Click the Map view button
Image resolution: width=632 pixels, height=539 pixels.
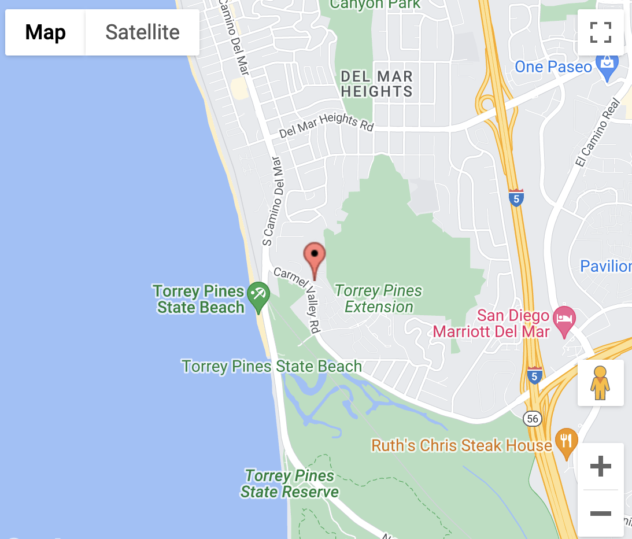[x=45, y=32]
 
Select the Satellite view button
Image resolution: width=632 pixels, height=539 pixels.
[x=142, y=32]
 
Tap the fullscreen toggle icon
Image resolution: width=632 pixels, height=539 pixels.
[x=600, y=32]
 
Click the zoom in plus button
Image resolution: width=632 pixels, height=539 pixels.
[x=600, y=466]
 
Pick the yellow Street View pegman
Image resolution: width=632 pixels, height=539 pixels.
[x=600, y=383]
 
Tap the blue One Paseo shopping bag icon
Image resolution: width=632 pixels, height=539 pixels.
[x=607, y=67]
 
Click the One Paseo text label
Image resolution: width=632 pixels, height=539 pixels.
[x=553, y=67]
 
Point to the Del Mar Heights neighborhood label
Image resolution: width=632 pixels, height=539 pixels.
[x=376, y=84]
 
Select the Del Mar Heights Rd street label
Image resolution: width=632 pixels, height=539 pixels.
[x=327, y=125]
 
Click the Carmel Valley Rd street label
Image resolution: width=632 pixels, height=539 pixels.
[x=298, y=299]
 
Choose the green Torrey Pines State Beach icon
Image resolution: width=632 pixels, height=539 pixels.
[x=257, y=294]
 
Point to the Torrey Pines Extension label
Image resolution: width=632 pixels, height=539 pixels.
[x=379, y=298]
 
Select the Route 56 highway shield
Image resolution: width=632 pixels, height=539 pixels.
[x=532, y=418]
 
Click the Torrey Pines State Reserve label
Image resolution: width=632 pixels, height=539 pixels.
[x=290, y=484]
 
